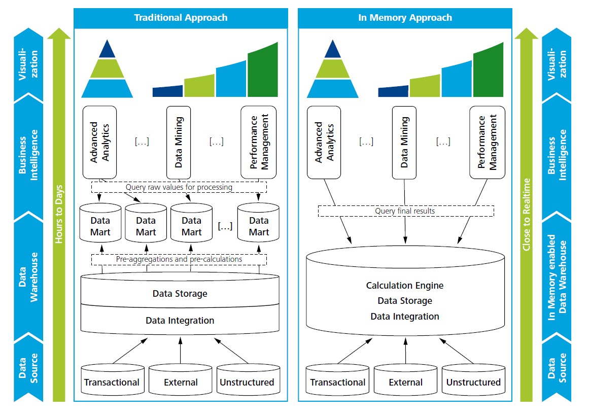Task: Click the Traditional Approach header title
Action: tap(181, 18)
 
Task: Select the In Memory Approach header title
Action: tap(405, 18)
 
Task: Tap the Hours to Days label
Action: tap(59, 213)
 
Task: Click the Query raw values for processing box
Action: tap(179, 187)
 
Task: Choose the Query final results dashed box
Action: tap(405, 211)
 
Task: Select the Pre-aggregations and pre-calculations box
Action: tap(179, 259)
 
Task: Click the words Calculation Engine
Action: tap(405, 286)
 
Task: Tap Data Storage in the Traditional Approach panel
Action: tap(180, 294)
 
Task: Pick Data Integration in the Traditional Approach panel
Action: tap(180, 321)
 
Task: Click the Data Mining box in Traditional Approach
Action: tap(179, 142)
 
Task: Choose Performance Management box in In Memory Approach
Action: tap(487, 142)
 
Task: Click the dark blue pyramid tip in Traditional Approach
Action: tap(107, 50)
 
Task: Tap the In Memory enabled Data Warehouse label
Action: tap(557, 276)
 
